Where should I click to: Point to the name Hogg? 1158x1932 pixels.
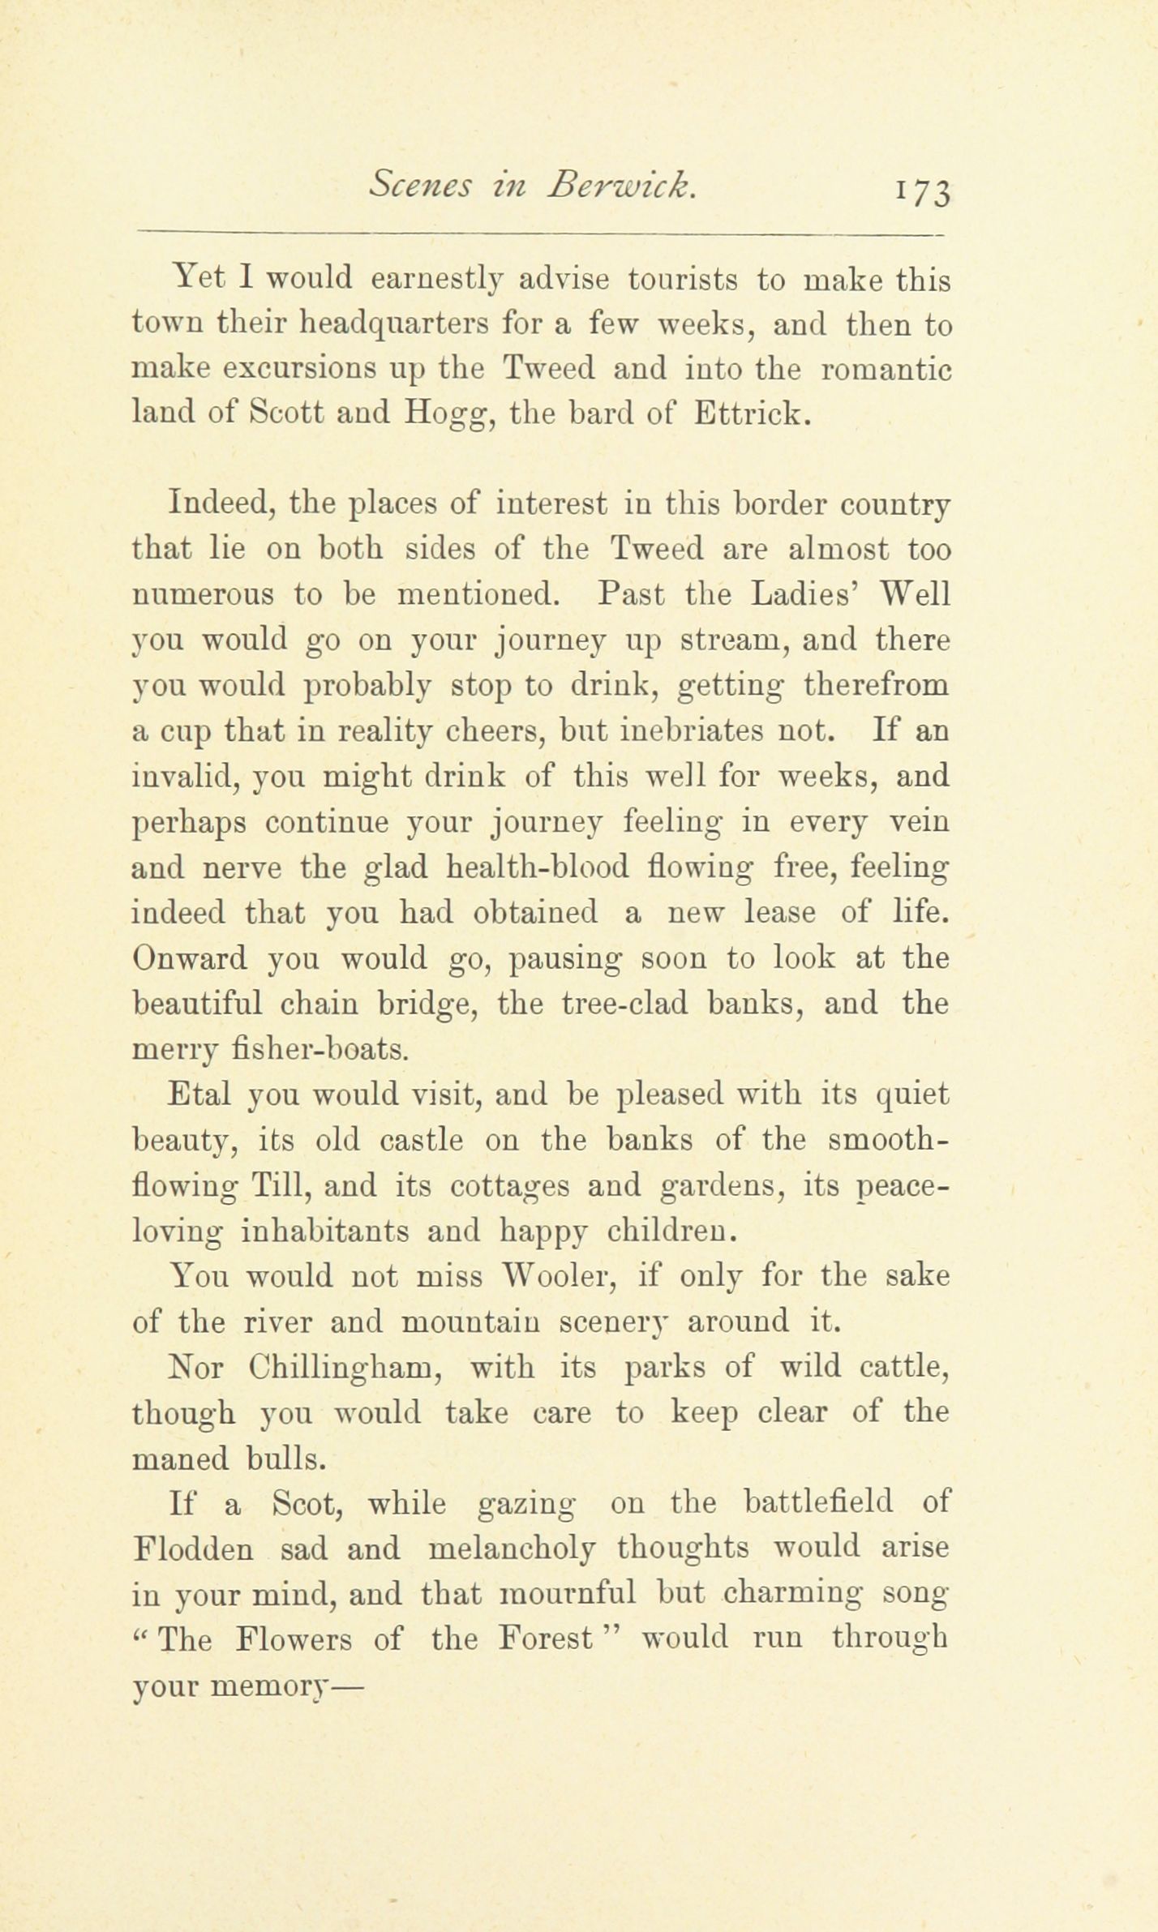click(448, 415)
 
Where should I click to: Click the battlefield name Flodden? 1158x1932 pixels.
click(192, 1549)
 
